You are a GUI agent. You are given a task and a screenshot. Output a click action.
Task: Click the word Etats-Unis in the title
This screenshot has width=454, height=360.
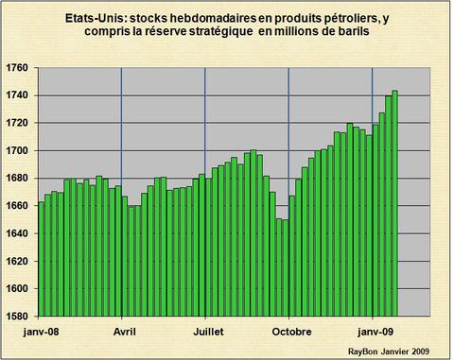tap(94, 17)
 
